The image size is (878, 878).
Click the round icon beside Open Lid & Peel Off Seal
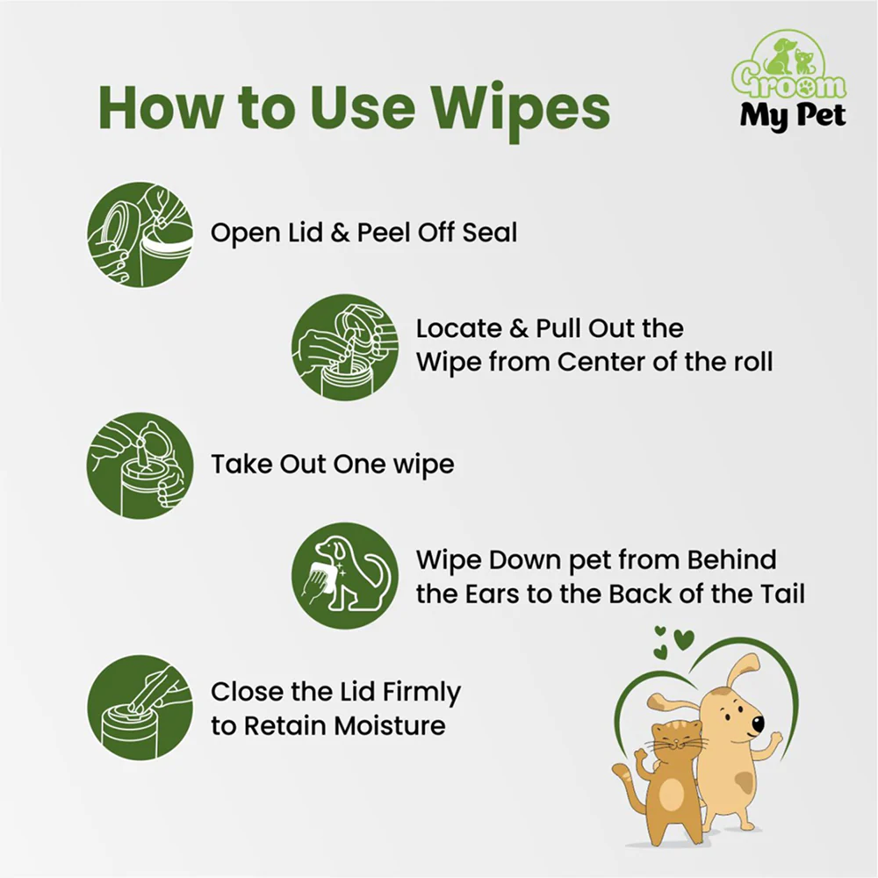[140, 234]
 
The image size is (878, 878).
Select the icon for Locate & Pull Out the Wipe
[345, 347]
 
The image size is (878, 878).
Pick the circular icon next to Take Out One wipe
[140, 466]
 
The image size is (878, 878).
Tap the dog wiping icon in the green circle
[345, 576]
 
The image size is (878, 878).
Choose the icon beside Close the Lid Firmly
[140, 708]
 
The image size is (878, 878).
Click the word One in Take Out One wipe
[358, 464]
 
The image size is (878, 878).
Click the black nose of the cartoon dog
[758, 723]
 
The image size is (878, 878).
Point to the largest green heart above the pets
[684, 639]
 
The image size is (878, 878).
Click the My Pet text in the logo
[792, 117]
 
